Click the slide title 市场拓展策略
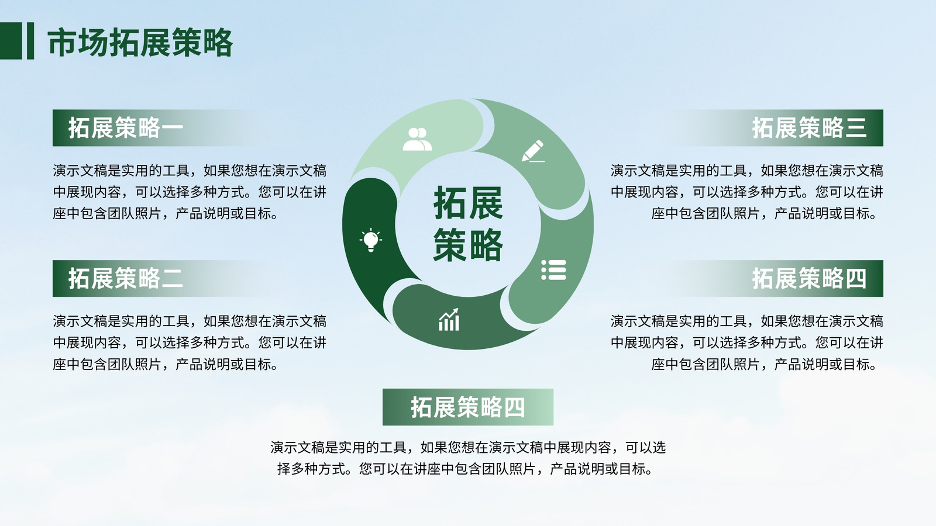[x=140, y=42]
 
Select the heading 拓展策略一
[x=126, y=128]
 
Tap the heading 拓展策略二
[x=126, y=278]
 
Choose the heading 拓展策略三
[x=810, y=128]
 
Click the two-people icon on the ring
[x=417, y=139]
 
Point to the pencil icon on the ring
[x=533, y=151]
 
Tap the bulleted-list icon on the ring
[x=553, y=269]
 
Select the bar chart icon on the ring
[x=449, y=320]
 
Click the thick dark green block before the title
[x=11, y=41]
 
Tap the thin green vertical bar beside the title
[x=30, y=41]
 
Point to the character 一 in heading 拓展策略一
[x=172, y=128]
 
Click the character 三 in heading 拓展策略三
[x=856, y=128]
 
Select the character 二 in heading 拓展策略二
[x=172, y=278]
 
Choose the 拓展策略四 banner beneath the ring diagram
[x=468, y=407]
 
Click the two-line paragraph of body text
[x=468, y=458]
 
